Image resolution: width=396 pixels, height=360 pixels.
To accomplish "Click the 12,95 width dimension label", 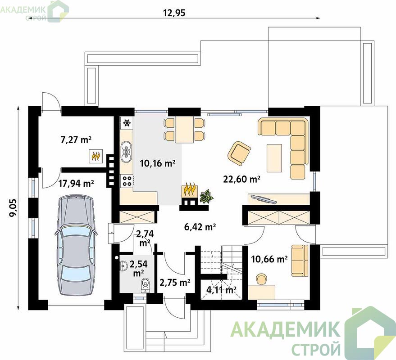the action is pyautogui.click(x=174, y=13).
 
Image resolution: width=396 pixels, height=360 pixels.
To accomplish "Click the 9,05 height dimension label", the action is pyautogui.click(x=13, y=207).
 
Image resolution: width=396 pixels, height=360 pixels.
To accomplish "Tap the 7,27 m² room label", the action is pyautogui.click(x=76, y=139).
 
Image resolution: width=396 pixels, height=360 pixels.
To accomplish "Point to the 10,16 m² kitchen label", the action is pyautogui.click(x=158, y=163).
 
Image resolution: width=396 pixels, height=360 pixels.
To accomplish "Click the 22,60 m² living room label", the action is pyautogui.click(x=241, y=179).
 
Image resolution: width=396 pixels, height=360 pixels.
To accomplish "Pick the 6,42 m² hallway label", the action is pyautogui.click(x=200, y=227).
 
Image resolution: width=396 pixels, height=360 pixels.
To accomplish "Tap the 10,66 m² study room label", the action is pyautogui.click(x=269, y=259).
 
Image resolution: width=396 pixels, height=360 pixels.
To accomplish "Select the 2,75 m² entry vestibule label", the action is pyautogui.click(x=175, y=283).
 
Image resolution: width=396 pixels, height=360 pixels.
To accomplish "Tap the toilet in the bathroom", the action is pyautogui.click(x=145, y=284).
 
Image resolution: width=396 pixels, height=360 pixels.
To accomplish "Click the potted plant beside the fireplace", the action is pyautogui.click(x=206, y=195).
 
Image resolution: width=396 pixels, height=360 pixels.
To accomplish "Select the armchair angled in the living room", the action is pyautogui.click(x=239, y=153).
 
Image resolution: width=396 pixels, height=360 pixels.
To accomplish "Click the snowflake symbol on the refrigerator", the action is pyautogui.click(x=127, y=123).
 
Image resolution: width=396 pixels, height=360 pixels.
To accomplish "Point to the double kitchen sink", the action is pyautogui.click(x=126, y=152).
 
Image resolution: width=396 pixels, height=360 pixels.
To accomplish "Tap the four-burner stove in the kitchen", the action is pyautogui.click(x=127, y=180).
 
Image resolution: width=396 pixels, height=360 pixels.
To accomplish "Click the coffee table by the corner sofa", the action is pyautogui.click(x=274, y=158).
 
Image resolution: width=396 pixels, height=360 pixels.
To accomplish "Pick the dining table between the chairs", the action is pyautogui.click(x=184, y=130).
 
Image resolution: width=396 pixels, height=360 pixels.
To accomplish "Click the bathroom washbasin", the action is pyautogui.click(x=123, y=266).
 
